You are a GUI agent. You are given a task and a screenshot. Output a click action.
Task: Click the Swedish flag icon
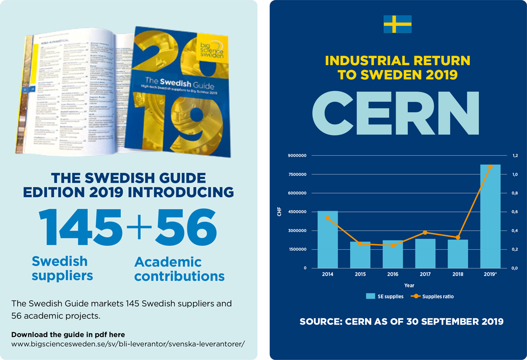click(398, 24)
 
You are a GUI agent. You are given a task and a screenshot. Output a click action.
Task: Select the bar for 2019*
click(490, 216)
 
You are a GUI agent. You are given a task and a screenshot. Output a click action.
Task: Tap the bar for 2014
click(328, 239)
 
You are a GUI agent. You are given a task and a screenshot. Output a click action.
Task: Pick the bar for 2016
click(393, 254)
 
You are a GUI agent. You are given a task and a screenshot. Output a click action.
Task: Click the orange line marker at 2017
click(425, 232)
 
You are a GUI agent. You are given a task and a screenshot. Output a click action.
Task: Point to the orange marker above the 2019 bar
click(490, 166)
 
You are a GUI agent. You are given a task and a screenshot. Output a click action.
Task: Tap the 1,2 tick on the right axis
click(515, 156)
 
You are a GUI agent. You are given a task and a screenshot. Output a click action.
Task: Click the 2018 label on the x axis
click(458, 275)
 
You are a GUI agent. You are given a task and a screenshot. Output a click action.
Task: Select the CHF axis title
click(279, 212)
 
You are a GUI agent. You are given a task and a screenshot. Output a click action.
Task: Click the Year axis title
click(409, 286)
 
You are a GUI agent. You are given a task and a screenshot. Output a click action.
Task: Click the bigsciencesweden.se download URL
click(127, 344)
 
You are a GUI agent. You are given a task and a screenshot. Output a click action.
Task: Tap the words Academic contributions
click(179, 269)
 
